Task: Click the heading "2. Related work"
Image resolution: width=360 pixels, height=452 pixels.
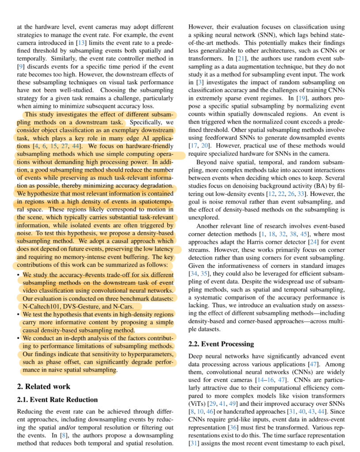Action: pos(43,386)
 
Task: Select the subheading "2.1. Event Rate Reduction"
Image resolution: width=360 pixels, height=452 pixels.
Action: pos(57,400)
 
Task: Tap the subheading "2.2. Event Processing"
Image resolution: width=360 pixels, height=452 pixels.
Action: pos(221,344)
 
